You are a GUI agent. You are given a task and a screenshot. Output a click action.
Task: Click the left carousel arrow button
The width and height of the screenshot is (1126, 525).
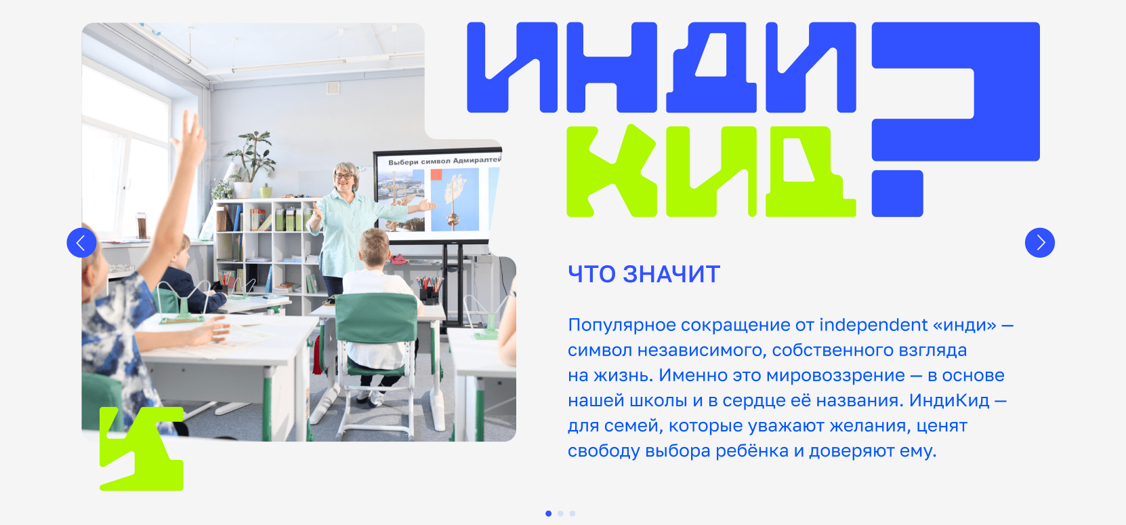[81, 243]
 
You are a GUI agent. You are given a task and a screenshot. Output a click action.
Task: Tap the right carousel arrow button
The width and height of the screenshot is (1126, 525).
[1039, 243]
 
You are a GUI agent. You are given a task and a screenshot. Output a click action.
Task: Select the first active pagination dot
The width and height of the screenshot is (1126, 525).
[548, 513]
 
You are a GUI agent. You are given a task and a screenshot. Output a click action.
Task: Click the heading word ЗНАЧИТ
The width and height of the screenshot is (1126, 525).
[671, 274]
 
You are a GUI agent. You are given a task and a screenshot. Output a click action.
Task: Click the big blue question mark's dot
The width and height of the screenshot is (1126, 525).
[897, 193]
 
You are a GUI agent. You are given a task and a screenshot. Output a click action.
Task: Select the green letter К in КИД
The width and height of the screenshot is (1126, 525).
[611, 171]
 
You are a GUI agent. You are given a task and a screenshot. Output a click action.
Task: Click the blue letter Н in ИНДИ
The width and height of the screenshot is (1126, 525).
[612, 67]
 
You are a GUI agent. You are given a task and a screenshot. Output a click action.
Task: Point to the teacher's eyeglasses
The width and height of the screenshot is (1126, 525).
[344, 176]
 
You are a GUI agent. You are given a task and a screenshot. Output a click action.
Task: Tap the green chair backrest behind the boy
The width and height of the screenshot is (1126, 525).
[376, 318]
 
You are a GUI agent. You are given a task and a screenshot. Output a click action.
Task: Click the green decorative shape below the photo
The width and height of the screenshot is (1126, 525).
[141, 448]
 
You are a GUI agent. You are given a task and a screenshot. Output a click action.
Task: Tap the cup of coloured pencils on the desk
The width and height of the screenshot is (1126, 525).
[430, 290]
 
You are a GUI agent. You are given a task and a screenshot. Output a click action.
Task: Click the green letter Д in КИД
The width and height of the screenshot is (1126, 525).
[810, 171]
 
